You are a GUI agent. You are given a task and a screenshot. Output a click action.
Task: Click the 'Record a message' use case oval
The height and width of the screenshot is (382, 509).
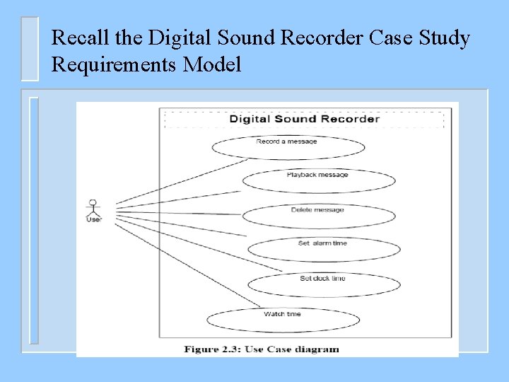(288, 147)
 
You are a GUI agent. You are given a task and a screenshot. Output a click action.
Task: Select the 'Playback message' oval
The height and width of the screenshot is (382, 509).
(318, 180)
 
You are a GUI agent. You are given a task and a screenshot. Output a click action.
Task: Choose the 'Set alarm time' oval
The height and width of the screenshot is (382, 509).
(323, 248)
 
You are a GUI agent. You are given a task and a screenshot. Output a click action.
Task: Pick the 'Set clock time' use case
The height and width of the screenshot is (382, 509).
(323, 284)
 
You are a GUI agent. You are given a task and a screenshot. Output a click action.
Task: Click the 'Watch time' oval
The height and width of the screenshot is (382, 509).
(283, 319)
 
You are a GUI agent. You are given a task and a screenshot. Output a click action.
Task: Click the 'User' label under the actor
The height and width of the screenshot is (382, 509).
(93, 219)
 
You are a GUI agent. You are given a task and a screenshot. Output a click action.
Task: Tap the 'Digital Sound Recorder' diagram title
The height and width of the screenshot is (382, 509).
(304, 118)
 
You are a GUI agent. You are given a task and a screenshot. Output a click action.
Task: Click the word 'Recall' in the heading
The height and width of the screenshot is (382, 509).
(74, 37)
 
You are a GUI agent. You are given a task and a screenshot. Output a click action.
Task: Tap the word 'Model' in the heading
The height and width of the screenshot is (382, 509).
(212, 65)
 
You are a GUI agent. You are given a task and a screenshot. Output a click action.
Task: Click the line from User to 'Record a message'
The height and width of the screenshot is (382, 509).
(177, 180)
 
